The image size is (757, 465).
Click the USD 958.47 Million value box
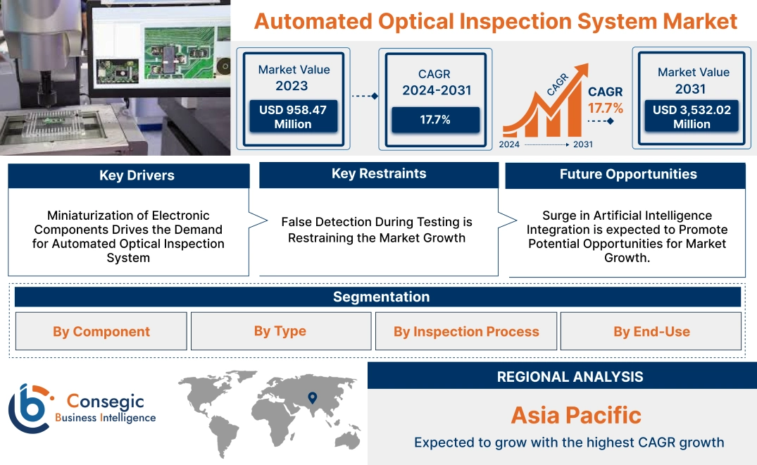click(292, 117)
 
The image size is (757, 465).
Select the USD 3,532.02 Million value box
click(692, 117)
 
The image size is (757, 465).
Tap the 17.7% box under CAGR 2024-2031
click(435, 120)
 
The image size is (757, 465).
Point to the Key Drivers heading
click(137, 175)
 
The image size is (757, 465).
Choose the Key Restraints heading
click(379, 174)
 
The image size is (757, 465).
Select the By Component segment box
click(101, 332)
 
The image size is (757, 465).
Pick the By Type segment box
click(280, 331)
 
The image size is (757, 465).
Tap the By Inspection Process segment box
click(466, 332)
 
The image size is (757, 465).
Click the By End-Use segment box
click(651, 332)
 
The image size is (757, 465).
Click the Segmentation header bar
click(381, 297)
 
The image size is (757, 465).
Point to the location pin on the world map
click(313, 399)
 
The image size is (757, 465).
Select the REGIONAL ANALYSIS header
click(570, 377)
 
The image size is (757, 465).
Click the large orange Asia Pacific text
click(576, 415)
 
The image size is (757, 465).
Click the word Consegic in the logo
click(105, 402)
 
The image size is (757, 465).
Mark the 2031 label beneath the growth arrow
click(582, 144)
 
